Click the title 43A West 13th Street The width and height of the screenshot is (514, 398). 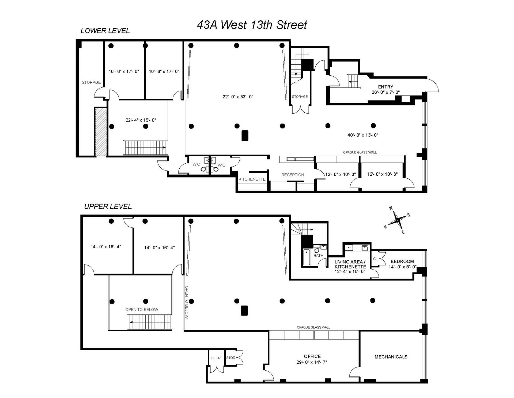[x=252, y=25]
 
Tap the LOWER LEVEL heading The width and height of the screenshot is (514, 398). [x=105, y=31]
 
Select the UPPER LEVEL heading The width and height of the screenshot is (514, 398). [x=108, y=207]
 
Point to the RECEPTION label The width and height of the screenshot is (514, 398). [x=292, y=175]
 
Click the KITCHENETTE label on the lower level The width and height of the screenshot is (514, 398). [x=252, y=179]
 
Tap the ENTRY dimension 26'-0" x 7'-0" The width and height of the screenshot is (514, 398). [x=385, y=92]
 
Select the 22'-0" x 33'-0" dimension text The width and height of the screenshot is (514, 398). [x=238, y=97]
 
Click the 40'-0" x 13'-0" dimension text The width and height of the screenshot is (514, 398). [x=363, y=135]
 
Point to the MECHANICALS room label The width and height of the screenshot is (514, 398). [x=391, y=357]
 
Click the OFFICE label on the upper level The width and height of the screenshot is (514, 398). [x=312, y=356]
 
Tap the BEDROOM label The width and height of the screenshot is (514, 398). [x=402, y=261]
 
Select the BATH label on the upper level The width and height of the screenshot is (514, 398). [x=318, y=256]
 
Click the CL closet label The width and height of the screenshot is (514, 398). [x=375, y=259]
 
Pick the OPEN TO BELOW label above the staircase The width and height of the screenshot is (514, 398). [x=142, y=309]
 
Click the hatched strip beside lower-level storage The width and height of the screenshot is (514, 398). [x=101, y=131]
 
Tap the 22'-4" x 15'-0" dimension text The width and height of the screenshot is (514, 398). [x=141, y=120]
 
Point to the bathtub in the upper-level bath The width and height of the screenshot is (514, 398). [x=306, y=257]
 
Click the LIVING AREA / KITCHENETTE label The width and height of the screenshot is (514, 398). [x=350, y=264]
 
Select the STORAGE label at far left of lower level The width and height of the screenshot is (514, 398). [x=91, y=82]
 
